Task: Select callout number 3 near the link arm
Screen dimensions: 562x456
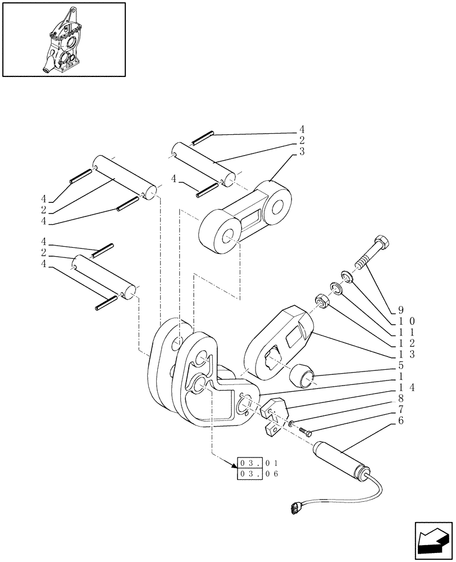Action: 302,152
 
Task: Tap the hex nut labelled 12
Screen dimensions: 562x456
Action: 323,301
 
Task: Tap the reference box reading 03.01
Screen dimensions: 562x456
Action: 258,463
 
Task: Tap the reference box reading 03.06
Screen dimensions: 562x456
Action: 258,474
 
